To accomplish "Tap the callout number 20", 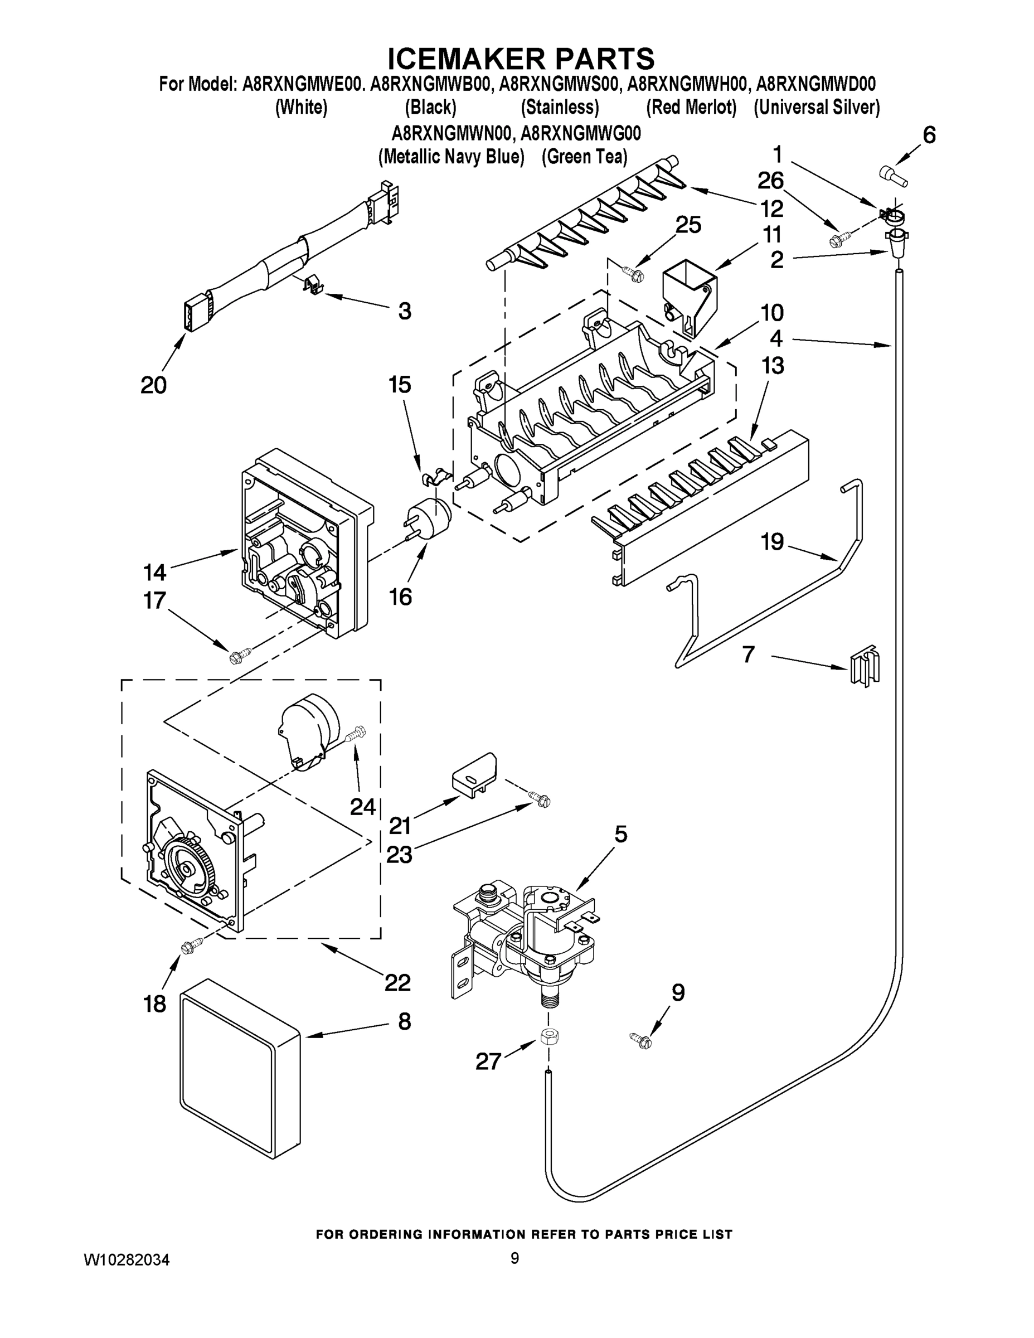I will pyautogui.click(x=153, y=385).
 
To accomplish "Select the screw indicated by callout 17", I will pyautogui.click(x=235, y=657).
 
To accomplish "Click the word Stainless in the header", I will pyautogui.click(x=559, y=107).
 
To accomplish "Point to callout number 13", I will pyautogui.click(x=773, y=366).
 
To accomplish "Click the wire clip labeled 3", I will pyautogui.click(x=312, y=284).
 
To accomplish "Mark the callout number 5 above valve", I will pyautogui.click(x=621, y=835).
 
